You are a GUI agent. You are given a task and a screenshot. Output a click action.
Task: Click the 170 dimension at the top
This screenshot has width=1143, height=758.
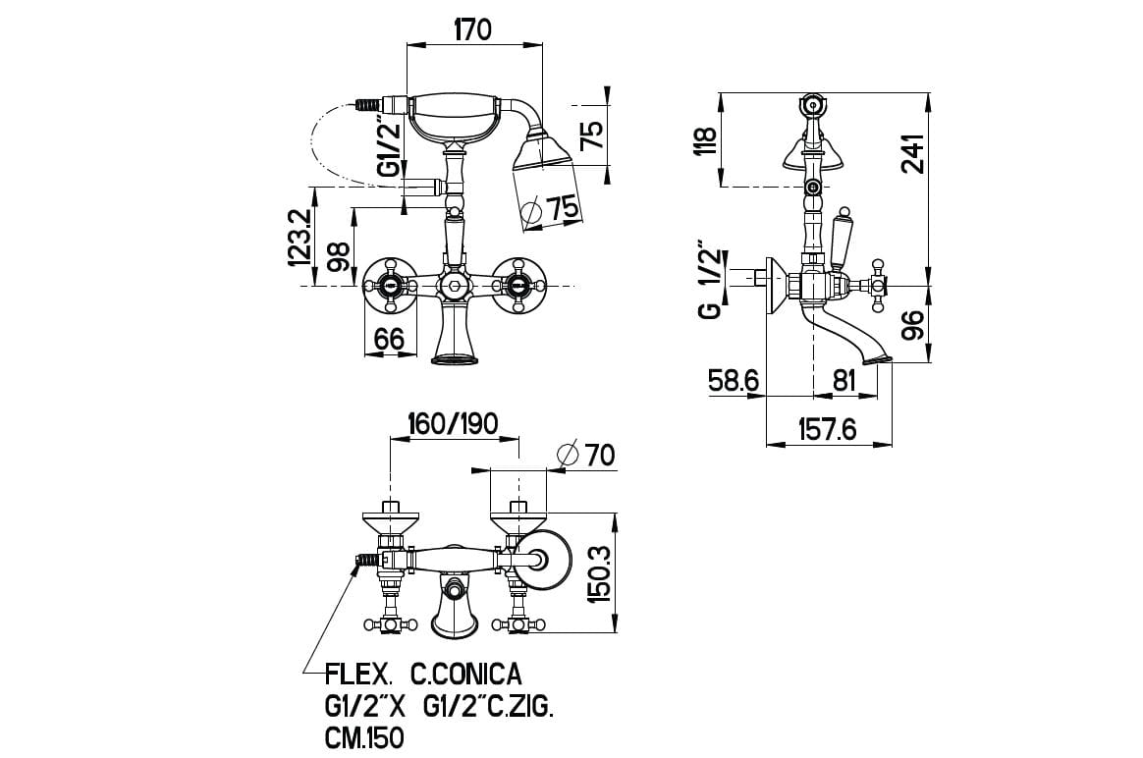click(x=472, y=29)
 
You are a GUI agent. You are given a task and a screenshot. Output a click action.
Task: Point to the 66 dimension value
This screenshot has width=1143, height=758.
click(x=389, y=339)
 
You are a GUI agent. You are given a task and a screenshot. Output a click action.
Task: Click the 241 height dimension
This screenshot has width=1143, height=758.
click(x=912, y=154)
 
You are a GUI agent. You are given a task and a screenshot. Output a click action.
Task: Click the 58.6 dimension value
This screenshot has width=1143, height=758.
click(x=735, y=380)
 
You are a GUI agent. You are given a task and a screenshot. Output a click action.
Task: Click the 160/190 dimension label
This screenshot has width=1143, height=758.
click(x=454, y=424)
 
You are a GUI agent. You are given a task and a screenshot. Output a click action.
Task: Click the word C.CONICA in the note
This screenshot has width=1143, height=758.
click(x=466, y=676)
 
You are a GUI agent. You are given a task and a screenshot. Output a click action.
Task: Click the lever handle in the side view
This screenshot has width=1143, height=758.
click(x=842, y=240)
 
